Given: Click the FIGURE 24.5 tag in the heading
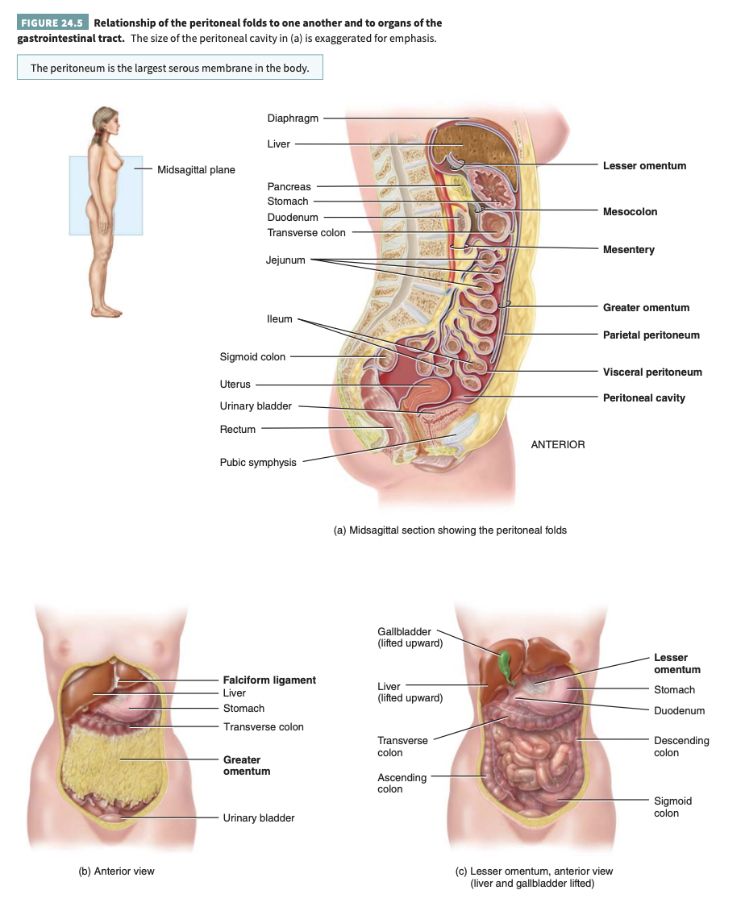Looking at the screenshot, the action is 52,23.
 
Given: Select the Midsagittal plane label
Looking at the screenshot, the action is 196,170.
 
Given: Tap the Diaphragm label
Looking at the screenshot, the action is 293,119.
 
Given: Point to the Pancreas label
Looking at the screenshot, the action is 289,187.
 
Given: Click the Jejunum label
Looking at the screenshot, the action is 285,260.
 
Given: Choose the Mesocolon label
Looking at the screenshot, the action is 630,212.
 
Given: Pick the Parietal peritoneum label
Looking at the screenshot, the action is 651,335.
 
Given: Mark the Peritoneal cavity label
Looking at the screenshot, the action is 643,398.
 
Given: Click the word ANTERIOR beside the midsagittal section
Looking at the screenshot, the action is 558,445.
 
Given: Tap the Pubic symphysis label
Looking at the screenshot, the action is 258,463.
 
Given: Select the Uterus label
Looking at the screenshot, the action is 235,385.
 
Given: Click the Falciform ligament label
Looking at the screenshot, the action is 269,680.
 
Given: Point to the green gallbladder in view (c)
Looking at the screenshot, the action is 506,665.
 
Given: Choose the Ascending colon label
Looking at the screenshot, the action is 402,784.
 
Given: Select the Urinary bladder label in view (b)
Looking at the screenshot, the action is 259,818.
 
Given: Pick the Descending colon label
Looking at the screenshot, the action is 680,747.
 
